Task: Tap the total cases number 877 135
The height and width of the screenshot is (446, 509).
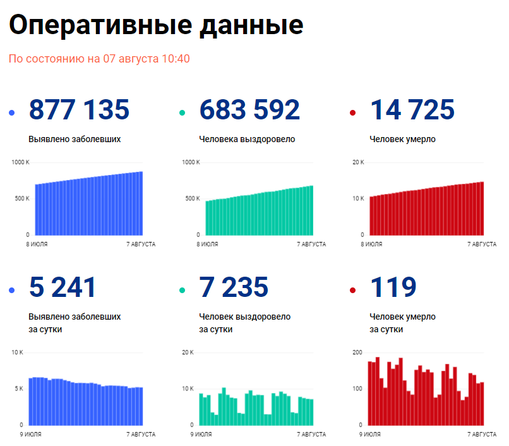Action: point(79,110)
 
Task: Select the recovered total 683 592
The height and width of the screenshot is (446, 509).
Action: point(249,110)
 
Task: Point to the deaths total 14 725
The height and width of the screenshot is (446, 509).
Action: point(412,110)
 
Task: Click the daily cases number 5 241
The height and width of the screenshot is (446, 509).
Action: point(63,287)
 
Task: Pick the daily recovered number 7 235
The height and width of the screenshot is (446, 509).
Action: point(234,287)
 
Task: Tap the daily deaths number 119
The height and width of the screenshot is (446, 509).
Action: point(393,287)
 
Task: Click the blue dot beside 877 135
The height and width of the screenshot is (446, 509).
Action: point(12,113)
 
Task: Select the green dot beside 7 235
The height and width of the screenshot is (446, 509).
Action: point(183,291)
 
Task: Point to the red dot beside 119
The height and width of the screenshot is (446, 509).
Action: point(352,291)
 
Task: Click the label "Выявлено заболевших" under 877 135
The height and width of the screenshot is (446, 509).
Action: point(75,139)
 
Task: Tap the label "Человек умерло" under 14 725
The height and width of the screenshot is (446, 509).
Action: point(402,139)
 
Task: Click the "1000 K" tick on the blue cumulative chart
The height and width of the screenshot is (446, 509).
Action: point(20,162)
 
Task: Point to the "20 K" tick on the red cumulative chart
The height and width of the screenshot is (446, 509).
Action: point(358,162)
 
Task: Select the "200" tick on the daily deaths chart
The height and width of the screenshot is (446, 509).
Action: point(357,352)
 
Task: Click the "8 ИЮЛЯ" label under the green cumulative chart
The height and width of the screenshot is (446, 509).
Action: point(208,244)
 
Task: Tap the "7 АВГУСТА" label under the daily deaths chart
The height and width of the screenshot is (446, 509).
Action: point(482,434)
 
